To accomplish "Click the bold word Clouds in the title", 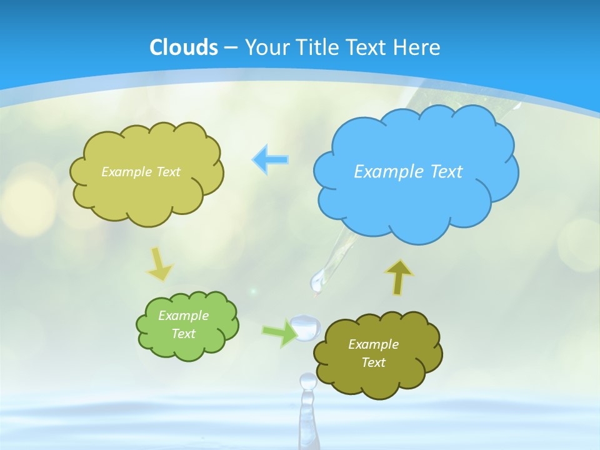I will pos(184,47).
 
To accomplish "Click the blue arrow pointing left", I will pos(271,159).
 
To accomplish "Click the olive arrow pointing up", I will pos(398,277).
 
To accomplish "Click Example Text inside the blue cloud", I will pos(408,172).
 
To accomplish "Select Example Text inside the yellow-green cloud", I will pos(141,172).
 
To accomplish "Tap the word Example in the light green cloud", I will pos(183,316).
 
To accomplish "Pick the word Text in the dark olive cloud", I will pos(373,362).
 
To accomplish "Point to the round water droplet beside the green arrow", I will pos(306,327).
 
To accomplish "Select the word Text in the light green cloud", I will pos(183,334).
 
